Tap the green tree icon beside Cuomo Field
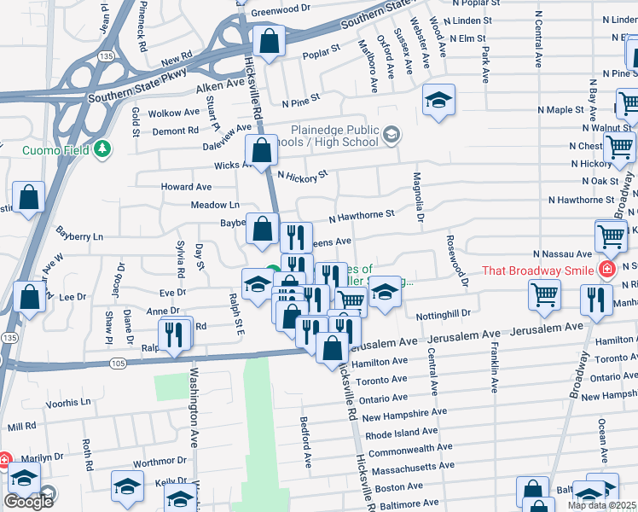pyautogui.click(x=102, y=149)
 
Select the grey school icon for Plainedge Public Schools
pyautogui.click(x=391, y=134)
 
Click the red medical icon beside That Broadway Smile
pyautogui.click(x=606, y=271)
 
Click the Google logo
pyautogui.click(x=28, y=501)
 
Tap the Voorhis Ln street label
pyautogui.click(x=67, y=402)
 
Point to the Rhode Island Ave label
pyautogui.click(x=405, y=433)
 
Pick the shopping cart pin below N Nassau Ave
pyautogui.click(x=544, y=295)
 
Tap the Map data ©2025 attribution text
pyautogui.click(x=601, y=505)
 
